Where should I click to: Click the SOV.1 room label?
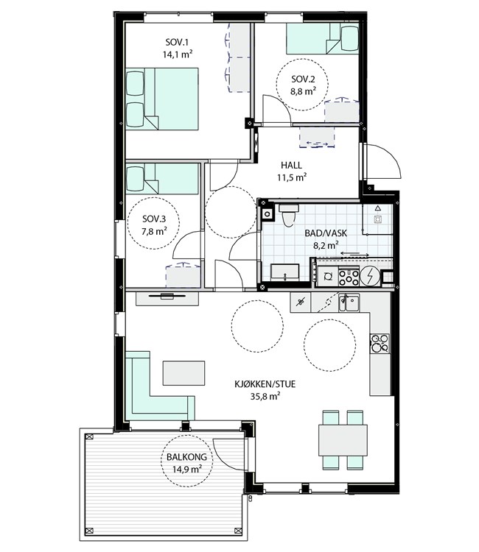click(x=177, y=43)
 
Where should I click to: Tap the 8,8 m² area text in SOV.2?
click(x=303, y=91)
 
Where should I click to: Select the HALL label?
click(x=292, y=165)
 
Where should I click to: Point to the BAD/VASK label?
click(x=326, y=233)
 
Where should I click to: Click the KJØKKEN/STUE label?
click(x=265, y=383)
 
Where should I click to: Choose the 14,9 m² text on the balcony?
click(x=186, y=469)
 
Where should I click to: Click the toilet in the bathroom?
click(x=289, y=214)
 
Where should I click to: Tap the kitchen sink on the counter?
click(x=349, y=303)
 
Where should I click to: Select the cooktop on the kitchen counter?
click(x=380, y=343)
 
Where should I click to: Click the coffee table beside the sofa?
click(x=183, y=373)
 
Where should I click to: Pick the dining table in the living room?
click(x=343, y=440)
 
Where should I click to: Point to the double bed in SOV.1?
click(x=162, y=99)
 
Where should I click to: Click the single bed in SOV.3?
click(x=162, y=179)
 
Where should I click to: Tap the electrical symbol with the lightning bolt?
click(x=370, y=276)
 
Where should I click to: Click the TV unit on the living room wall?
click(x=167, y=299)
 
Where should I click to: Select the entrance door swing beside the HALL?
click(x=382, y=161)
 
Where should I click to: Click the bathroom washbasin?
click(x=284, y=272)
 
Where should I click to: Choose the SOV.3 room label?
click(x=154, y=219)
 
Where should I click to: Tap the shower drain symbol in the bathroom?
click(x=378, y=219)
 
